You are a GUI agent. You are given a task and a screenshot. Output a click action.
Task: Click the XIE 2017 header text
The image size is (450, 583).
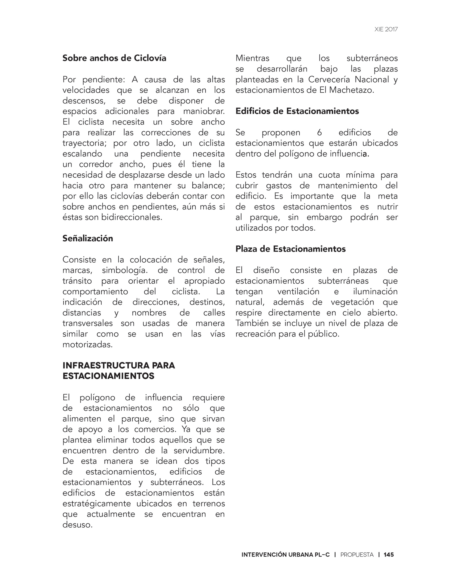pyautogui.click(x=386, y=29)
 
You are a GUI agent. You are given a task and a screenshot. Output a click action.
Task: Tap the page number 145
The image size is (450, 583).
pyautogui.click(x=389, y=555)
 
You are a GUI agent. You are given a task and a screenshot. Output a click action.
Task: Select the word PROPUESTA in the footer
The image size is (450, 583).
pyautogui.click(x=357, y=555)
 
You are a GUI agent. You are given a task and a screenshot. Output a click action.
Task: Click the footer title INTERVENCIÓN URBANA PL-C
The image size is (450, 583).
pyautogui.click(x=285, y=555)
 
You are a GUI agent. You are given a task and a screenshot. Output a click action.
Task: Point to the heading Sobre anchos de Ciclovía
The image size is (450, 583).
pyautogui.click(x=114, y=58)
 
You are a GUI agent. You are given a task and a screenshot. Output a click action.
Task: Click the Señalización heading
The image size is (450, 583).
pyautogui.click(x=88, y=238)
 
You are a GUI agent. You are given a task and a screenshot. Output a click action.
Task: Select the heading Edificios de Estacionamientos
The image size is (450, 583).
pyautogui.click(x=297, y=111)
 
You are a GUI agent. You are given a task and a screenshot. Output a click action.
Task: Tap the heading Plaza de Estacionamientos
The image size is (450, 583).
pyautogui.click(x=290, y=249)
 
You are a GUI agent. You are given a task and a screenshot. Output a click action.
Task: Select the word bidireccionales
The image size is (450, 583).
pyautogui.click(x=131, y=217)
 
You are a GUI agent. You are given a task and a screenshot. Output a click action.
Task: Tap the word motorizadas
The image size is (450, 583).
pyautogui.click(x=87, y=345)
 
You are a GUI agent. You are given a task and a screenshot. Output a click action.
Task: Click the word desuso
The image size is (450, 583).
pyautogui.click(x=77, y=525)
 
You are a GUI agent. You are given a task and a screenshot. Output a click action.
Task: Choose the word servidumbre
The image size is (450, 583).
pyautogui.click(x=199, y=451)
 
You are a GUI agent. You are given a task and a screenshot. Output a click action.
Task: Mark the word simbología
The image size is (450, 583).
pyautogui.click(x=124, y=271)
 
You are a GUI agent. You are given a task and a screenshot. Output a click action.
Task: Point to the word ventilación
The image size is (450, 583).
pyautogui.click(x=298, y=291)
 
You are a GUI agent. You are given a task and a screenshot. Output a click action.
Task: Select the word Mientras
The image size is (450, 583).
pyautogui.click(x=252, y=58)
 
